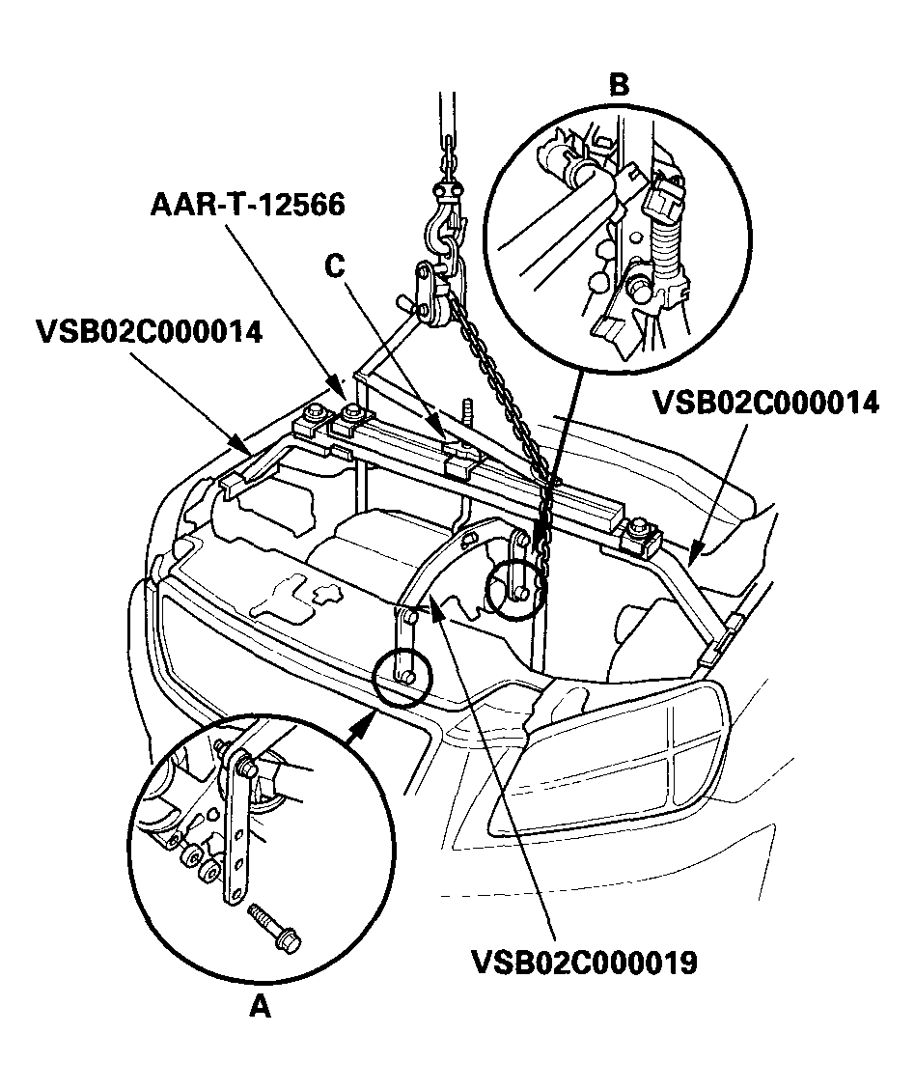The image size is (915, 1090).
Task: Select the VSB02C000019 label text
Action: [584, 963]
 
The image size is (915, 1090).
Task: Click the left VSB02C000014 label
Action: [149, 332]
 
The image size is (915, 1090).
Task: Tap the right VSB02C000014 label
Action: [766, 402]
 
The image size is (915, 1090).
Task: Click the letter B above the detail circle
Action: [619, 85]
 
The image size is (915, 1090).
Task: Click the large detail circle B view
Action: [618, 232]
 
